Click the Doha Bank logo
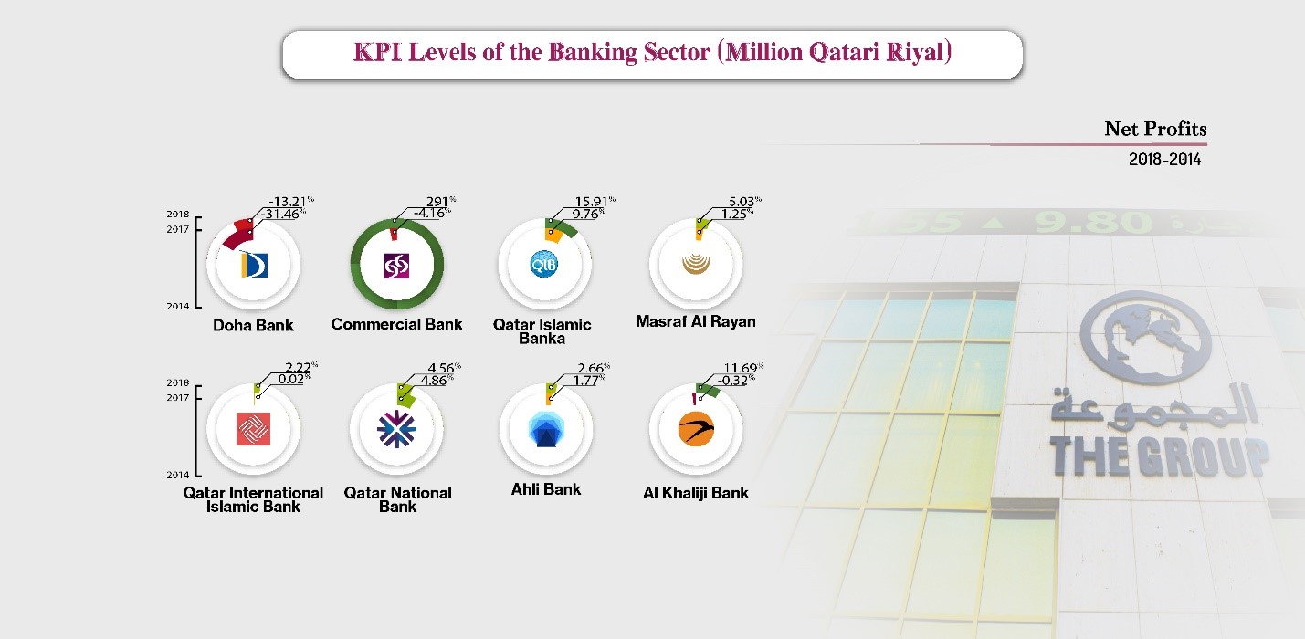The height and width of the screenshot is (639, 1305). [x=254, y=265]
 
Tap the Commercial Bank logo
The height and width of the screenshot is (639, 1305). [x=396, y=266]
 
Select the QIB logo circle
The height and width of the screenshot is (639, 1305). [x=544, y=264]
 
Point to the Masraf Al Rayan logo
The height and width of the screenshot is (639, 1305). [x=696, y=264]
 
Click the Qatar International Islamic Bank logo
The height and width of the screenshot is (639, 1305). [x=254, y=429]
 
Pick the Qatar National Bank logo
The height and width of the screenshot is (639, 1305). [x=396, y=429]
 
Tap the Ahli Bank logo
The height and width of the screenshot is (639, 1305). [x=545, y=430]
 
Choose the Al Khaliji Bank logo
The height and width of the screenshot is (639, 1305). [x=696, y=429]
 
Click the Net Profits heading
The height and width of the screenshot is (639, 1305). [x=1155, y=129]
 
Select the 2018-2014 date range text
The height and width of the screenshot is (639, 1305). [x=1164, y=160]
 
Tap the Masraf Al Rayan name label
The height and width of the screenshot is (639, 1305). [x=696, y=321]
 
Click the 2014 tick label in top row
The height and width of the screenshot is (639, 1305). [x=178, y=307]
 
